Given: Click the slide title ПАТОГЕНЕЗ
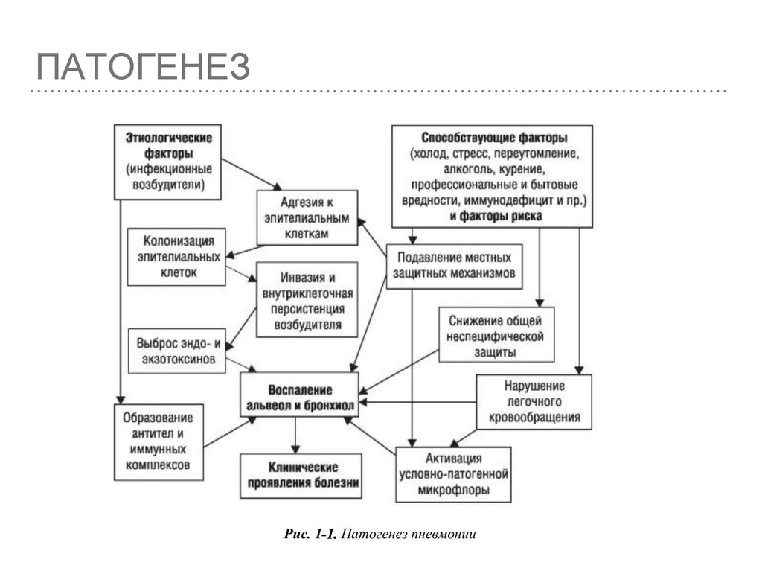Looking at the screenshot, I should (x=142, y=68).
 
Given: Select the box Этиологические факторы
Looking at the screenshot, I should (x=168, y=162).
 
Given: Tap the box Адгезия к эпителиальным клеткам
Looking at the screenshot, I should (x=307, y=217).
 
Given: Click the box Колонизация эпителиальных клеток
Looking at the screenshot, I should (x=175, y=257).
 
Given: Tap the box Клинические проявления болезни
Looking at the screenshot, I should (x=301, y=476).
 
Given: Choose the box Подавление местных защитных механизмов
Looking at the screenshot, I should (x=455, y=265).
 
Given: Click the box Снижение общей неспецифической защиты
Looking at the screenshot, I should (x=496, y=336).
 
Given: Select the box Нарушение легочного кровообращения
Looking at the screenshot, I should (x=534, y=401).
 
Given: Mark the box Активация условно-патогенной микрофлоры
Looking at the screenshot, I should (x=453, y=474).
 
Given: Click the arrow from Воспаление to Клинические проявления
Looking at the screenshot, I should (x=295, y=434).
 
